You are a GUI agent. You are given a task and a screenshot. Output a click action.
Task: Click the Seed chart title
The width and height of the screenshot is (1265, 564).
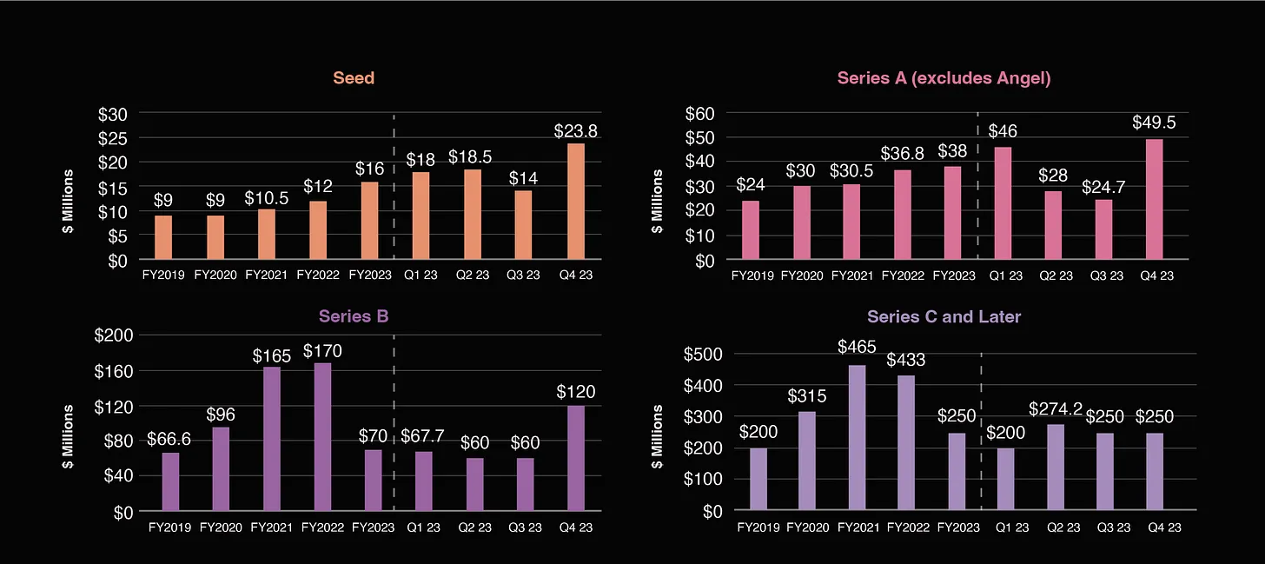coord(354,78)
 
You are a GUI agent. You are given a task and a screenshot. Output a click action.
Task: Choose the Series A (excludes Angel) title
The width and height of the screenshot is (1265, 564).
coord(944,78)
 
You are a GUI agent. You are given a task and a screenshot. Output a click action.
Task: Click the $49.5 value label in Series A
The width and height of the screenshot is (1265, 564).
coord(1153,123)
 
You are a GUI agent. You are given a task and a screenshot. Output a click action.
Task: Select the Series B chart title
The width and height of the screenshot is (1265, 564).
coord(354,316)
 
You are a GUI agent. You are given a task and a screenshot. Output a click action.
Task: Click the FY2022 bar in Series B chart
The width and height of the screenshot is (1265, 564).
coord(321,437)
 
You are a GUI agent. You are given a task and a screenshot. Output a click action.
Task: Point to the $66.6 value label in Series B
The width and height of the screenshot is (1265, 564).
coord(169,440)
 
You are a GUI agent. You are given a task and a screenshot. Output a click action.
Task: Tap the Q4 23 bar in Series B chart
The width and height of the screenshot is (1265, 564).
coord(575,458)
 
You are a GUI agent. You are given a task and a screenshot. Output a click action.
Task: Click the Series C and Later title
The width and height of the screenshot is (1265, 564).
coord(944,316)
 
